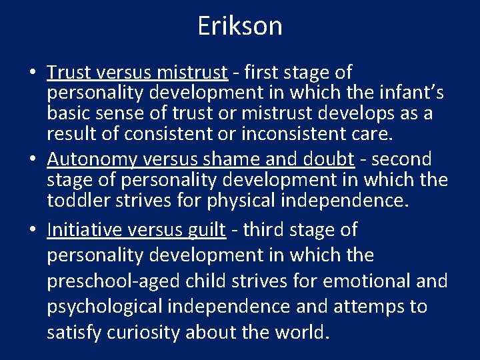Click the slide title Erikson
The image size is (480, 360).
240,26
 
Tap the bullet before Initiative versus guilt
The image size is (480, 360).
33,231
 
